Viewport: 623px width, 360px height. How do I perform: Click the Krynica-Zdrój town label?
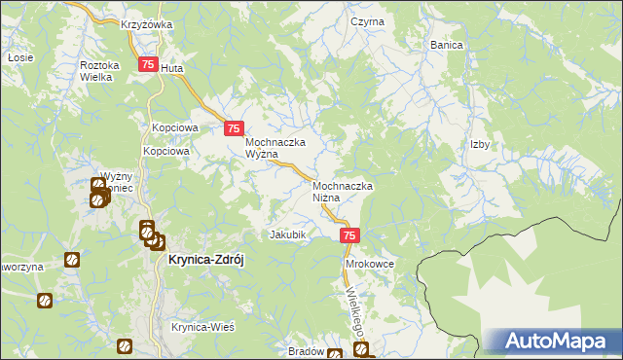(209, 260)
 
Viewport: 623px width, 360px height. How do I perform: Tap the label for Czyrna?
(368, 21)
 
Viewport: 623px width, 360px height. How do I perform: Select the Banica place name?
(447, 45)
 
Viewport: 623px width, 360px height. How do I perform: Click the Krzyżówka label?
(146, 24)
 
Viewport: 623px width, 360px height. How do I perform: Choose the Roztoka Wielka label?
(99, 70)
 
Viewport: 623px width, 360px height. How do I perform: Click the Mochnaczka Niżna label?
(343, 191)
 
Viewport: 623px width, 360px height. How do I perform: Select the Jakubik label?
(288, 234)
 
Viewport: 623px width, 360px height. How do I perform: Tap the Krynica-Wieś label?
(203, 327)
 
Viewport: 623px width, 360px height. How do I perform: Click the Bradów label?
(307, 351)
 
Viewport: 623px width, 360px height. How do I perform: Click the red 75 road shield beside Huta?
(147, 65)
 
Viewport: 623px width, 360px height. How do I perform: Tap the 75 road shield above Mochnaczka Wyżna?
(234, 127)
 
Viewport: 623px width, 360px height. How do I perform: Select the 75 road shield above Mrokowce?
(350, 235)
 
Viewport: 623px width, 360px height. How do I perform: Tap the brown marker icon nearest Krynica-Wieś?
(125, 345)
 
